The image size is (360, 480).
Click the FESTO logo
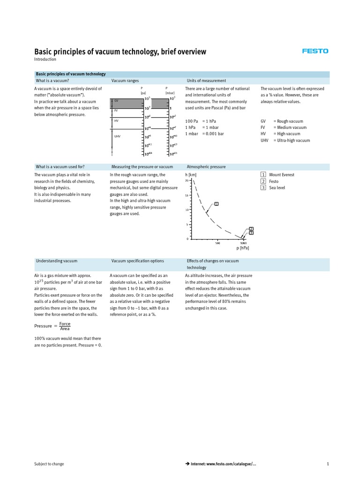click(315, 51)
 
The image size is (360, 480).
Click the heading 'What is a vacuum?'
click(52, 81)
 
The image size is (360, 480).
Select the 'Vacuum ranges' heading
click(125, 81)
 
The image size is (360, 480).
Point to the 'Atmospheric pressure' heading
click(206, 166)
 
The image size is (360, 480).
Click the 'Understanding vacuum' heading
click(57, 261)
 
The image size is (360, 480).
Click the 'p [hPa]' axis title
click(242, 247)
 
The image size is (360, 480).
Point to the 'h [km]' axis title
click(191, 175)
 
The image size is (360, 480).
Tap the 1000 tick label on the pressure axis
click(243, 242)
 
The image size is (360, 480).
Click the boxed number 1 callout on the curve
click(217, 203)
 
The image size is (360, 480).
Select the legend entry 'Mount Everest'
click(282, 175)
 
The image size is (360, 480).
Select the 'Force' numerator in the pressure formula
click(65, 323)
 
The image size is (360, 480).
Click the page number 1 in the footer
click(328, 464)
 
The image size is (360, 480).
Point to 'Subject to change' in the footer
click(49, 464)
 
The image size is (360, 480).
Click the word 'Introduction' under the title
click(45, 60)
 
